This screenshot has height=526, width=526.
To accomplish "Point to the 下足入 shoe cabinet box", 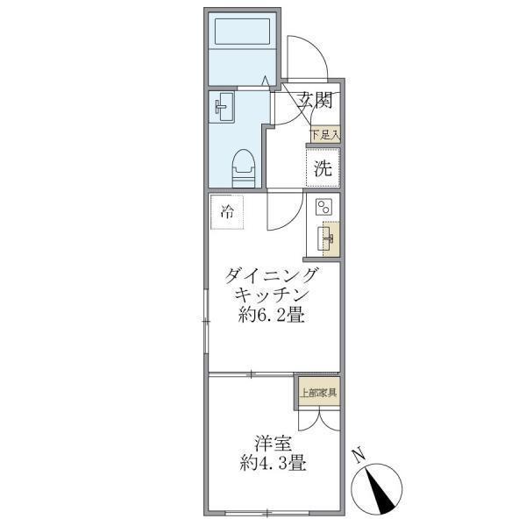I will coord(323,135).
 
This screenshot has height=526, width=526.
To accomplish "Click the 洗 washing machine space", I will coord(323,169).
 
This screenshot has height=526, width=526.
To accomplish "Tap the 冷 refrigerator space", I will coord(227,212).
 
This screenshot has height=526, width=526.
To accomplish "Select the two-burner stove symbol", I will coord(323,208).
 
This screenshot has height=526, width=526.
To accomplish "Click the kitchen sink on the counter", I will coord(329,238).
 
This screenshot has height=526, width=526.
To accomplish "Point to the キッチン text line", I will coord(272,296).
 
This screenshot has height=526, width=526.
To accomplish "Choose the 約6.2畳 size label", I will coord(272,316).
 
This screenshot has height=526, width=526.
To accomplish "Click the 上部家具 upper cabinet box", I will coord(316,392).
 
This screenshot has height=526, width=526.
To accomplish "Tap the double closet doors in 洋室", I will coord(316,419).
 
